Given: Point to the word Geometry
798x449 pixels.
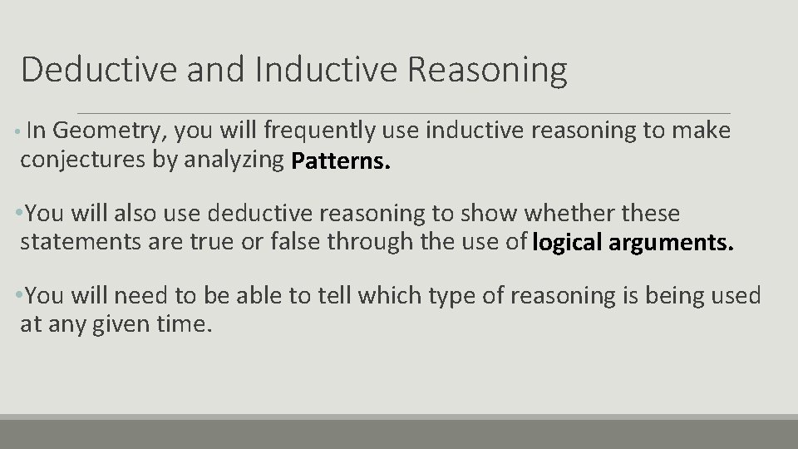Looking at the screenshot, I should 109,131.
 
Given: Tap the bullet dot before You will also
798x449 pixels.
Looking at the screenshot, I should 20,215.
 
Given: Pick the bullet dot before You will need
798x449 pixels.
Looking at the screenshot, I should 20,296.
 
